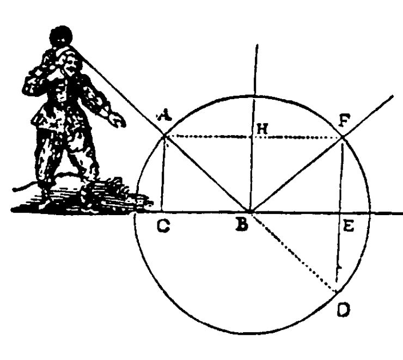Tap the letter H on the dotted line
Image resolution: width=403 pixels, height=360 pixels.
(x=263, y=129)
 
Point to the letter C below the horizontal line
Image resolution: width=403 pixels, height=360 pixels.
(x=162, y=227)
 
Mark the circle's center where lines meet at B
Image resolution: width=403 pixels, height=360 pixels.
(x=250, y=211)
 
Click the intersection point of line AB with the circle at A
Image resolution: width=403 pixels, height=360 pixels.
(x=165, y=136)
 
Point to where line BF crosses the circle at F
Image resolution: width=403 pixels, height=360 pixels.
(x=342, y=138)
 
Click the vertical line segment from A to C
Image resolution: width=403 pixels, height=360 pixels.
(x=163, y=174)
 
